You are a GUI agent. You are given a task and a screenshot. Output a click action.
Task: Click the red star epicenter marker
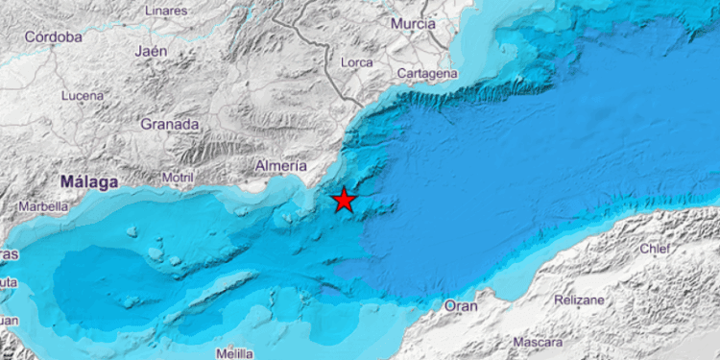click(344, 200)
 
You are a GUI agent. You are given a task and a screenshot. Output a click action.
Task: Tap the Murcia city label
click(414, 23)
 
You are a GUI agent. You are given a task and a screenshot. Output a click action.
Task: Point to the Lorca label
click(356, 63)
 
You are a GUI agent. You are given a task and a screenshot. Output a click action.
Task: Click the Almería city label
click(281, 166)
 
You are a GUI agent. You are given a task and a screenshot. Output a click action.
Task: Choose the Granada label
click(170, 124)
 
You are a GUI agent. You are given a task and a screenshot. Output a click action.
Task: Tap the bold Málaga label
click(88, 181)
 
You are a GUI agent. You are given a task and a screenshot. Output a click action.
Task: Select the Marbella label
click(44, 205)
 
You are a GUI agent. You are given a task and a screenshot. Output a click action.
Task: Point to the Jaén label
click(152, 51)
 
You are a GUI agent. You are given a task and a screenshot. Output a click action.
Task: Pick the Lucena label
click(82, 96)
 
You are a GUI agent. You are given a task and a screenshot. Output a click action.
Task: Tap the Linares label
click(166, 11)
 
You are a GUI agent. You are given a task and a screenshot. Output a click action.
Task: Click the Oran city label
click(461, 306)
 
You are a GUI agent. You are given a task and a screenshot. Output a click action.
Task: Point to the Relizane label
click(580, 300)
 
